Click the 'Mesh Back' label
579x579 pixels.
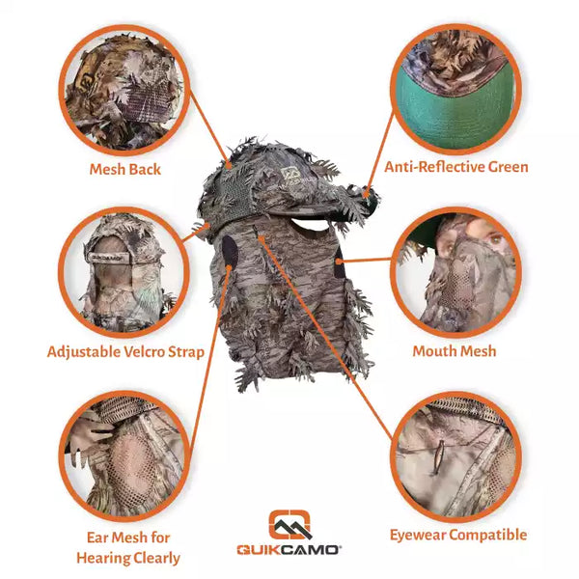[x=124, y=170]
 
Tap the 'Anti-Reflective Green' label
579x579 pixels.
[x=456, y=167]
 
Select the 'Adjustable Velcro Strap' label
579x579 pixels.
[x=125, y=351]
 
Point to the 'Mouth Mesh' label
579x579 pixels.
[x=454, y=351]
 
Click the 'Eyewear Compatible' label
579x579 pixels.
[x=457, y=535]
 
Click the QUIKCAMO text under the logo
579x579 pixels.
[x=289, y=550]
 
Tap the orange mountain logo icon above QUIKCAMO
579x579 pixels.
[x=289, y=524]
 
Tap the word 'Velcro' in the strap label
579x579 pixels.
[x=136, y=351]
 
